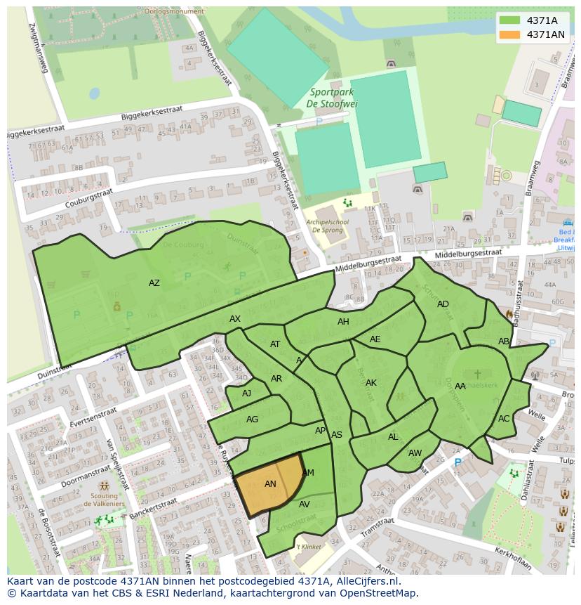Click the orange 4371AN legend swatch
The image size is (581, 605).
tap(510, 34)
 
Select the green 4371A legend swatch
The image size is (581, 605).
tap(510, 20)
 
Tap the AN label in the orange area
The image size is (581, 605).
tap(270, 484)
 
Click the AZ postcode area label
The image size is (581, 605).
tap(154, 283)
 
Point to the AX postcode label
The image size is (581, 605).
tap(235, 319)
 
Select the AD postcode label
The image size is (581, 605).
tap(443, 304)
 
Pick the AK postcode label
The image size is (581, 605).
tap(371, 383)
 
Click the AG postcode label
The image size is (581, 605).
tap(252, 419)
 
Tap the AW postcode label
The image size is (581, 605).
tap(415, 453)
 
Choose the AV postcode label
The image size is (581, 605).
tap(305, 505)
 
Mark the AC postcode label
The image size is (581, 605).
tap(504, 419)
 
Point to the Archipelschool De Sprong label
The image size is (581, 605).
tap(328, 225)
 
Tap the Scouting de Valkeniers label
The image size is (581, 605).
tap(104, 500)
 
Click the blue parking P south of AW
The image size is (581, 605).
tap(458, 463)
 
